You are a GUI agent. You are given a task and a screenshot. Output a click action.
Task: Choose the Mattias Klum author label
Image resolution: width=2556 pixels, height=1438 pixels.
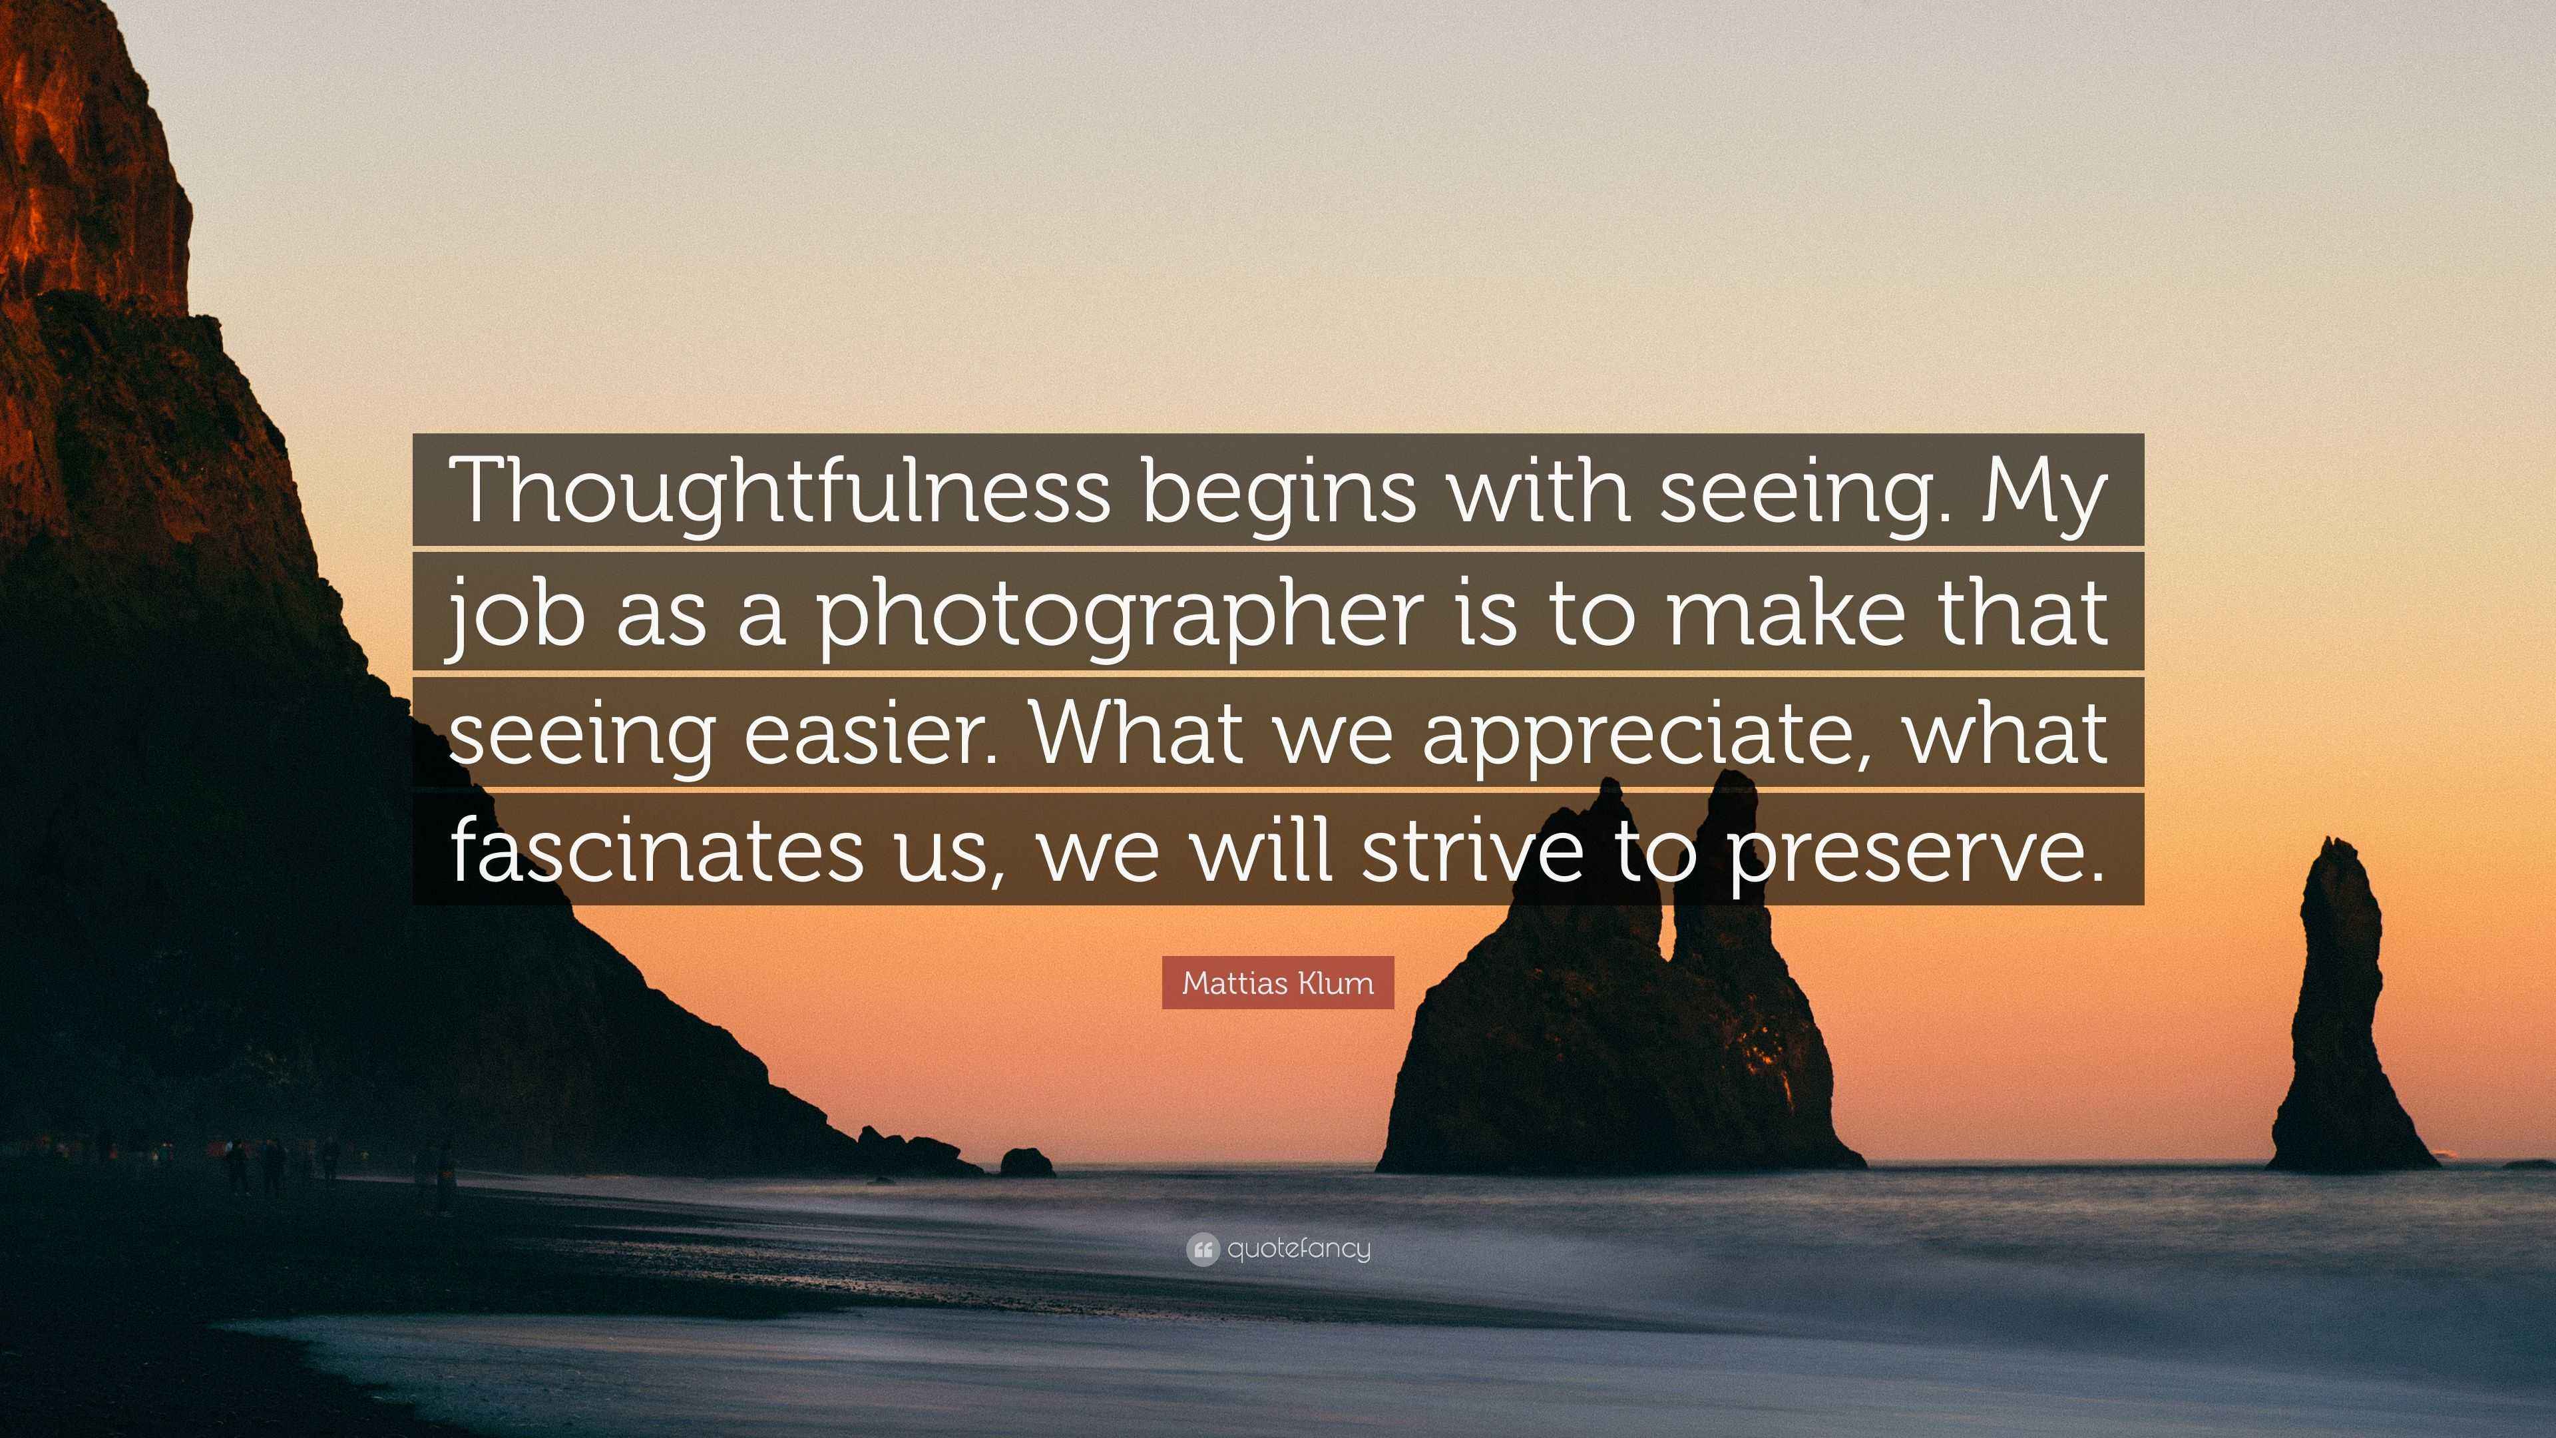(1278, 983)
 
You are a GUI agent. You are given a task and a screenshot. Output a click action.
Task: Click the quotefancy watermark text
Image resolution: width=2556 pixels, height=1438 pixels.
(1299, 1248)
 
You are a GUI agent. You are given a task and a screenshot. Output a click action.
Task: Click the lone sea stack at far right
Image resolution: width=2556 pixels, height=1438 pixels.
(2346, 1012)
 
